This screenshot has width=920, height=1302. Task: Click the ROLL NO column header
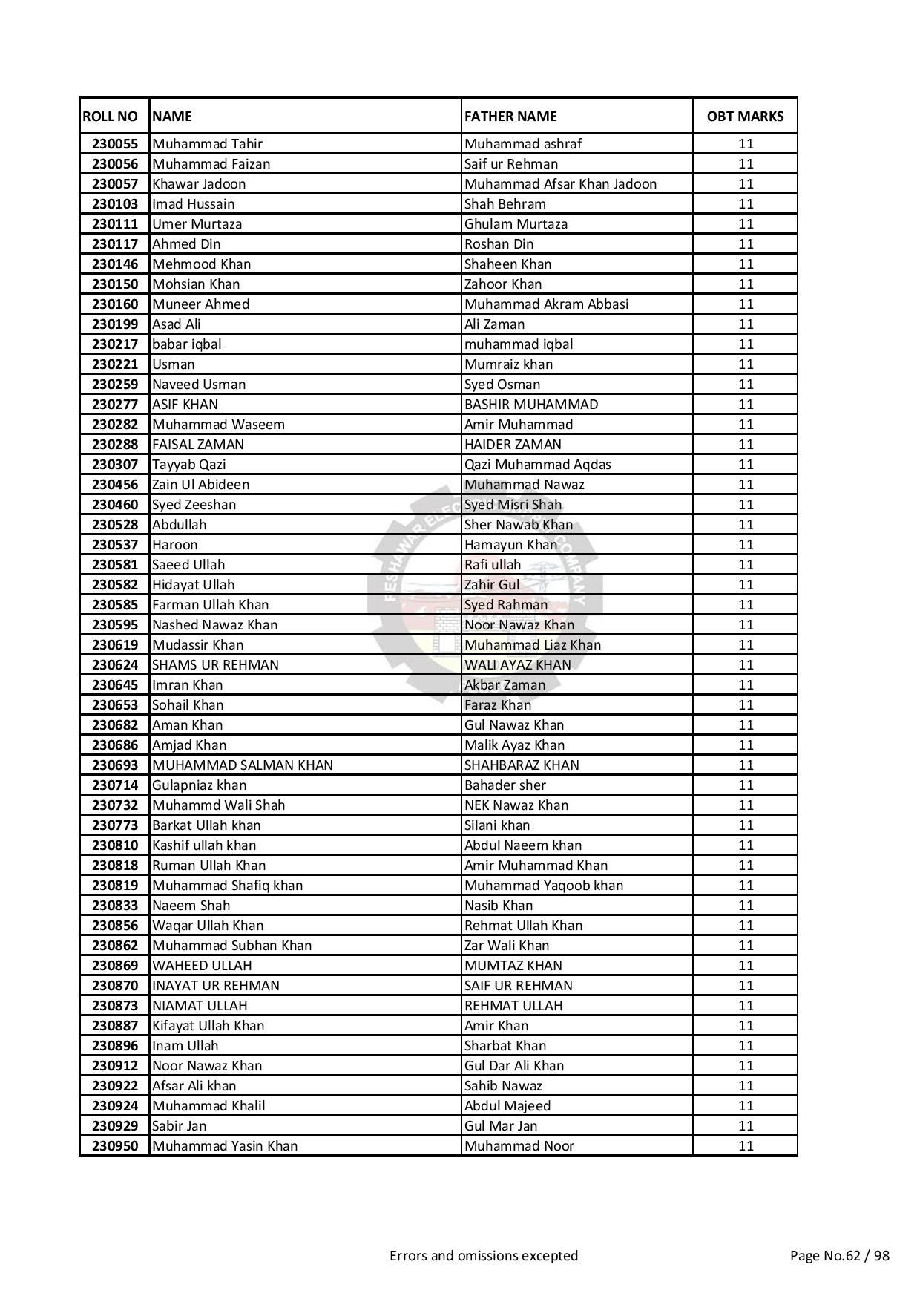tap(110, 117)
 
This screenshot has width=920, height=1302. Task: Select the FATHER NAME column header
tap(510, 117)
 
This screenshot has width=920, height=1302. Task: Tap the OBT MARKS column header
tap(745, 117)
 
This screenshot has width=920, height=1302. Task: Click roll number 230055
tap(114, 144)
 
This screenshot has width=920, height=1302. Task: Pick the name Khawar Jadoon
tap(199, 184)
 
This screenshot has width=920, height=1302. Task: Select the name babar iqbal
tap(186, 344)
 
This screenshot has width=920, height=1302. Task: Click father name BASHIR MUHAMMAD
tap(531, 405)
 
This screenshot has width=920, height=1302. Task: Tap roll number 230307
tap(114, 465)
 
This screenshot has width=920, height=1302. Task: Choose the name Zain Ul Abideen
tap(200, 485)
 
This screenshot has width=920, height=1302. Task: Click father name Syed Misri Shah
tap(513, 505)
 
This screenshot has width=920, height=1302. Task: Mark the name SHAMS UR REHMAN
tap(215, 665)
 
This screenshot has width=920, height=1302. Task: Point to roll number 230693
tap(114, 765)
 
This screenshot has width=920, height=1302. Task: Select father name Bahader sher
tap(505, 785)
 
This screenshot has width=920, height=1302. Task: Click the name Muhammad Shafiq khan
tap(227, 886)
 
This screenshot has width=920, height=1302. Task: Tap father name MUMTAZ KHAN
tap(513, 966)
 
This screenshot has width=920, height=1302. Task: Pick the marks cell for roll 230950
tap(745, 1146)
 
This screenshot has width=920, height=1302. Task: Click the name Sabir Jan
tap(179, 1126)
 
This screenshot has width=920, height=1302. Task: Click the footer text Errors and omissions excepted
tap(484, 1256)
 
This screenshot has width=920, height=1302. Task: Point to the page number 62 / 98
tap(839, 1256)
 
